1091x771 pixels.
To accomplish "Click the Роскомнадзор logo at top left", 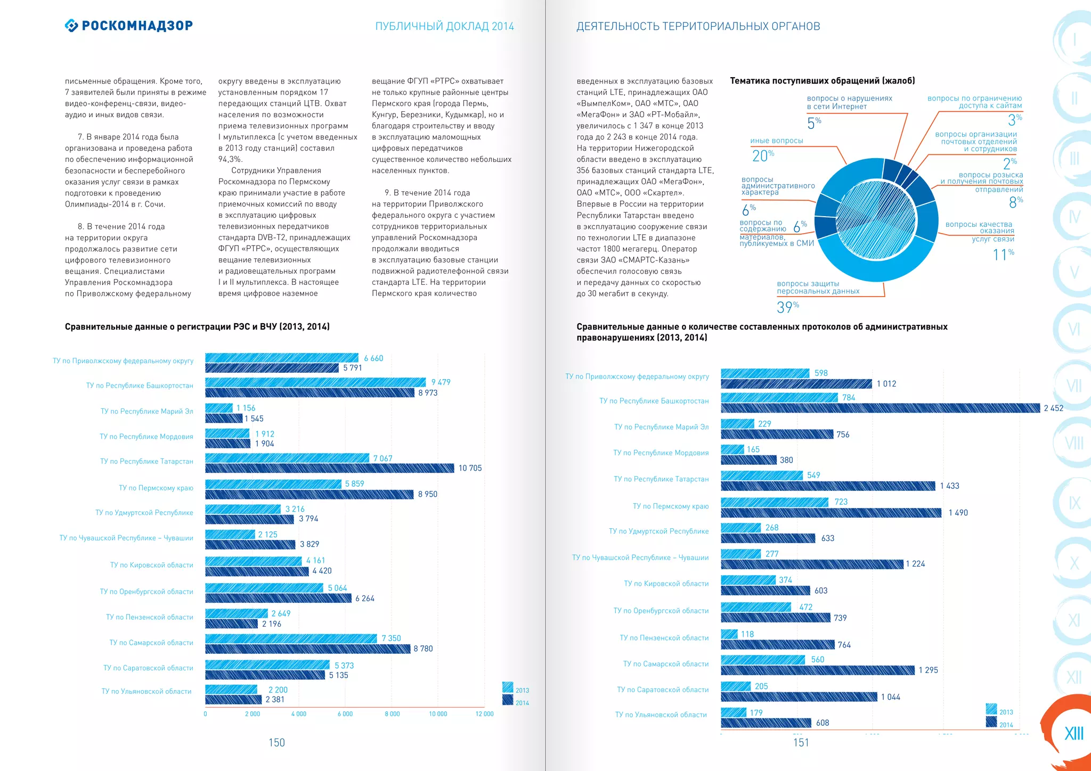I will (129, 26).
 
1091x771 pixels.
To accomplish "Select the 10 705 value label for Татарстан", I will (470, 468).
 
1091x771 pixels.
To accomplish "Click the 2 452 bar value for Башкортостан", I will (1053, 408).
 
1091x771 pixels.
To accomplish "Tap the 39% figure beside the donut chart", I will (787, 307).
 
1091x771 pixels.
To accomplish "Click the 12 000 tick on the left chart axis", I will (484, 714).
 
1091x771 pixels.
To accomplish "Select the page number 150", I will (276, 743).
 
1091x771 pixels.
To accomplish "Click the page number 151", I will (801, 743).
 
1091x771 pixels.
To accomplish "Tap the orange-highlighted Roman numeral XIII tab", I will (1073, 733).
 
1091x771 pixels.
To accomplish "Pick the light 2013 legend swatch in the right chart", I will (991, 709).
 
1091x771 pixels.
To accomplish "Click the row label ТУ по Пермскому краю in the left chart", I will (156, 488).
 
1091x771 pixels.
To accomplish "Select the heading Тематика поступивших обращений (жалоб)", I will (822, 81).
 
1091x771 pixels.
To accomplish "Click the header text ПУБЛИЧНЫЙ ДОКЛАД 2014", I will (444, 27).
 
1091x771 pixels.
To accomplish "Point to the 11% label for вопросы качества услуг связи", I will (1003, 255).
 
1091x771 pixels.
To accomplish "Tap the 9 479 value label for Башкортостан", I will (441, 382).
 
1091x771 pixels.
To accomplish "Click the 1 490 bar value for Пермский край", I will (958, 513).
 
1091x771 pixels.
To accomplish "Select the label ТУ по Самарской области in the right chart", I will (665, 664).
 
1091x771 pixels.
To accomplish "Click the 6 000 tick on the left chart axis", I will (345, 714).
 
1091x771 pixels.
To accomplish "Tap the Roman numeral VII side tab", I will (1074, 385).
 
